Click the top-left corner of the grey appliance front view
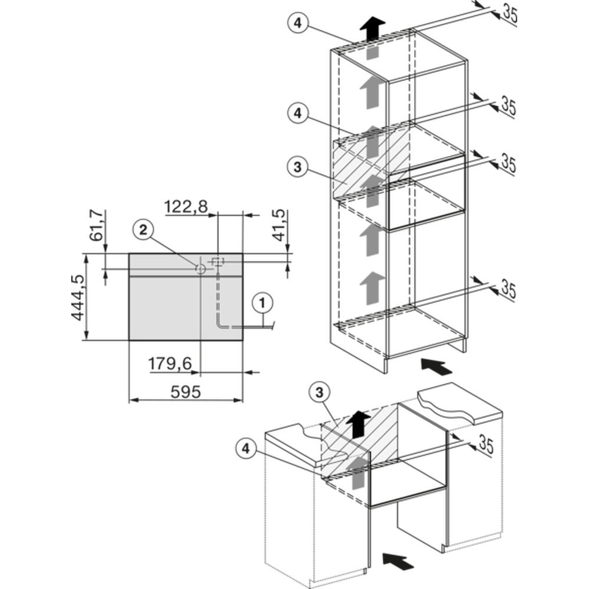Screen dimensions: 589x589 [129, 254]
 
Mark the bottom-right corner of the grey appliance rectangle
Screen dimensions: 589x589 [243, 340]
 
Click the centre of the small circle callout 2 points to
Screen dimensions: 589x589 [201, 269]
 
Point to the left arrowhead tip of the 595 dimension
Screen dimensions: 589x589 [130, 400]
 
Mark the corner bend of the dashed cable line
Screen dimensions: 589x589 [218, 326]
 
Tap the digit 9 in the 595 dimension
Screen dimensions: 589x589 [186, 392]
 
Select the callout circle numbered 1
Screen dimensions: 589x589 [263, 303]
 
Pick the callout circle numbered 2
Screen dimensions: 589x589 [144, 230]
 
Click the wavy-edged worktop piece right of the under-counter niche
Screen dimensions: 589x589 [460, 403]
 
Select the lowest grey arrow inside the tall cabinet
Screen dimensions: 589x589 [372, 288]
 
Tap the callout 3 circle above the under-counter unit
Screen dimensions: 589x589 [319, 393]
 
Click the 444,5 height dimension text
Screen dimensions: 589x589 [78, 297]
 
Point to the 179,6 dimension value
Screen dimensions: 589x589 [170, 363]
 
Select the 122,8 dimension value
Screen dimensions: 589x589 [186, 206]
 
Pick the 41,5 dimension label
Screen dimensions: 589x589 [279, 226]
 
